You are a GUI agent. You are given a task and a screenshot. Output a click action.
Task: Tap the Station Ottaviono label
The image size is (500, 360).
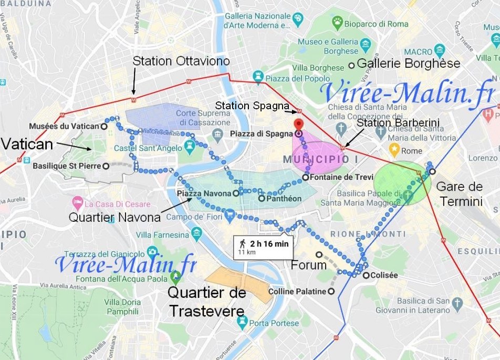[x=181, y=61]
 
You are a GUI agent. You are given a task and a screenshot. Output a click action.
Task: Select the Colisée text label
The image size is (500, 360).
[x=384, y=275]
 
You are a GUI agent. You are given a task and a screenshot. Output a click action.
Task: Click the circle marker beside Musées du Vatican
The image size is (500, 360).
[x=105, y=126]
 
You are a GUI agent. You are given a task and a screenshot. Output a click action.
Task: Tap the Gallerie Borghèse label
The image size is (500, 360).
[x=408, y=64]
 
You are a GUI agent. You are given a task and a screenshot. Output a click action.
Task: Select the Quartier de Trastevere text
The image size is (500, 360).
[x=206, y=302]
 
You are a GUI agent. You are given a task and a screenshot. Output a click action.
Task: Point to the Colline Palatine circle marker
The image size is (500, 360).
[x=331, y=291]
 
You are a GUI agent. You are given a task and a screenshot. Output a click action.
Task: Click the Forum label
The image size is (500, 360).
[x=309, y=265]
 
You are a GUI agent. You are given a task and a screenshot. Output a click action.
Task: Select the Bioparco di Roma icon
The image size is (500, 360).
[x=337, y=23]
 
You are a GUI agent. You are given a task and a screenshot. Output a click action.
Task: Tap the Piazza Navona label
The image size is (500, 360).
[x=204, y=193]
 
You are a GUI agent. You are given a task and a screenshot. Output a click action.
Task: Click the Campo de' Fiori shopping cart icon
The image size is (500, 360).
[x=230, y=215]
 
